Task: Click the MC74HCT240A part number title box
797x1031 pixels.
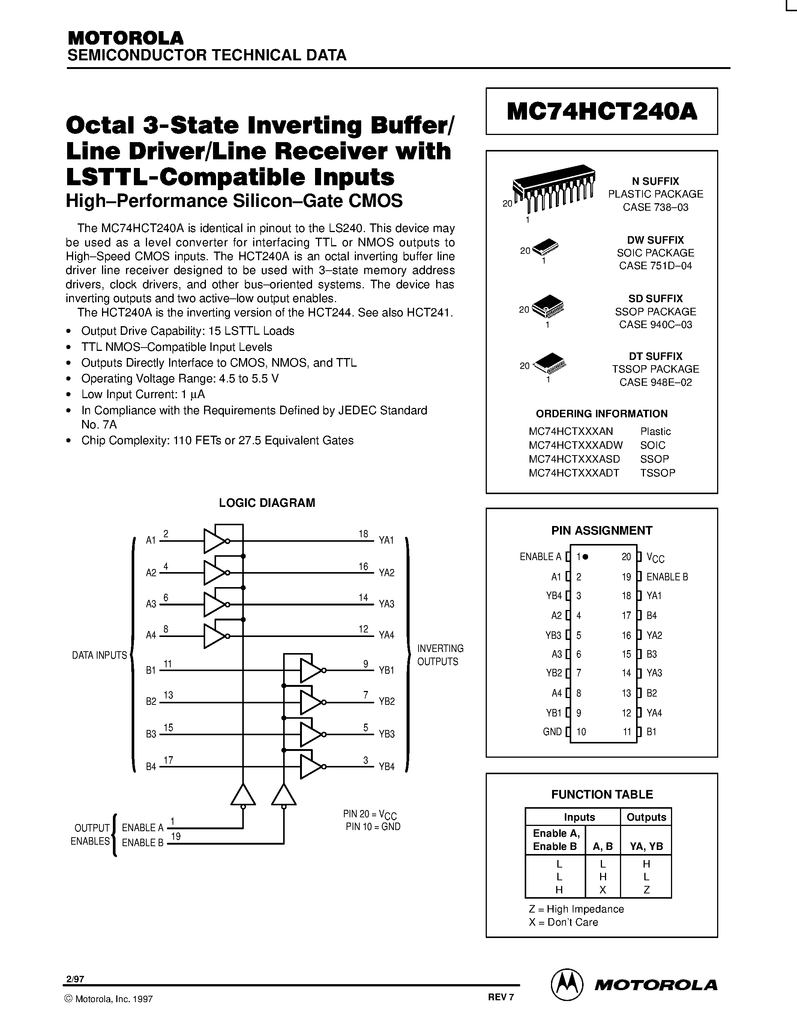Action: (602, 111)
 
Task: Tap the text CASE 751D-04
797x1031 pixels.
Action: (655, 266)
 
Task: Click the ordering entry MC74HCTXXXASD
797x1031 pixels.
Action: (574, 459)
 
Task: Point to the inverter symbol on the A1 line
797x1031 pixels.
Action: (215, 541)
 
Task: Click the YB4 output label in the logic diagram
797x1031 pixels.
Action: (386, 767)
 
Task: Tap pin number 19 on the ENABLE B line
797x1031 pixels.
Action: (176, 837)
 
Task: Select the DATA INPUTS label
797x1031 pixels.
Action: (99, 655)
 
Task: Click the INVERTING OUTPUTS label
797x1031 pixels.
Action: (440, 655)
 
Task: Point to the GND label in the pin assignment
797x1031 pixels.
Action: (552, 732)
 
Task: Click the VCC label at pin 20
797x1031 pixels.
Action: (655, 557)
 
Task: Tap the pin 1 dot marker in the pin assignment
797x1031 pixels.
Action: (585, 557)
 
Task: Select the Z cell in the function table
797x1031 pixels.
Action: (646, 890)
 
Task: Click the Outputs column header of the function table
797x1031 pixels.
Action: (646, 817)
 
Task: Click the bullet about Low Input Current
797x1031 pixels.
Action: (143, 394)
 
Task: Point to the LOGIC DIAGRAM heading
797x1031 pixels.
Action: (267, 503)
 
